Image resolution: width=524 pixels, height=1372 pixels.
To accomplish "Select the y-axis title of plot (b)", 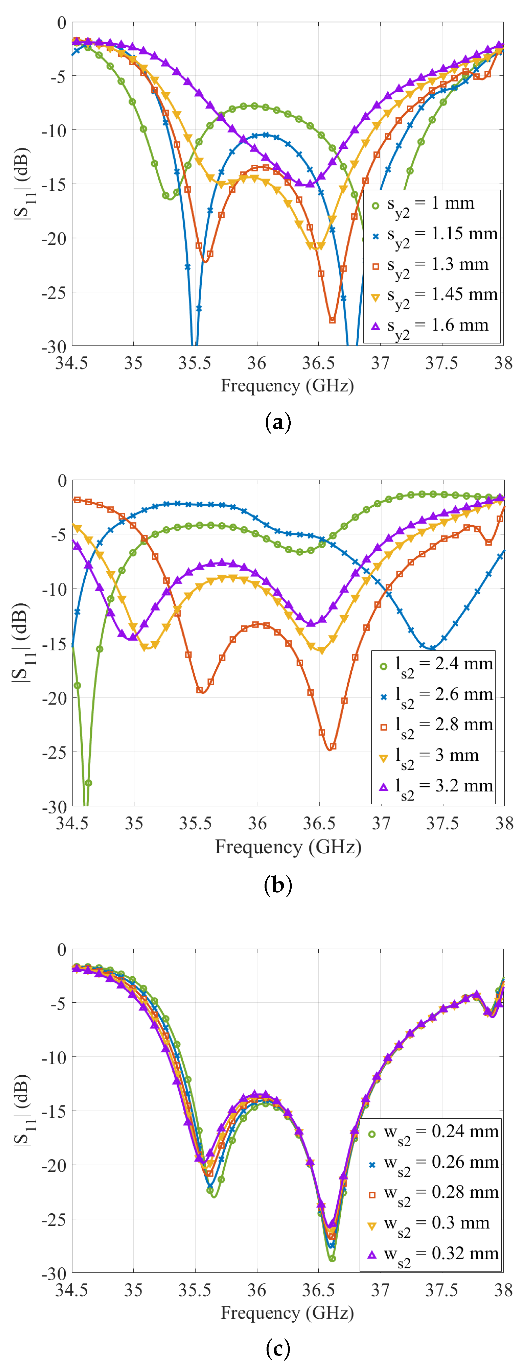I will click(20, 643).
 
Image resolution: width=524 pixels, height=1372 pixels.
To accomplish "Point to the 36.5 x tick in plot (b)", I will click(319, 824).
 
